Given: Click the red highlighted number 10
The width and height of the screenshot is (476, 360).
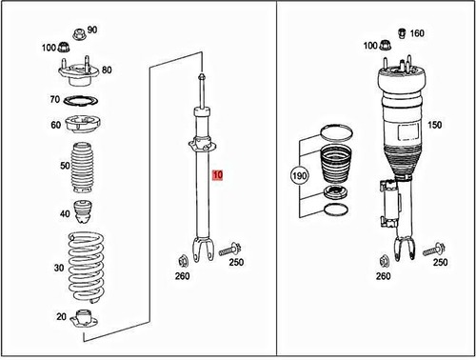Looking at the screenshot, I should point(218,175).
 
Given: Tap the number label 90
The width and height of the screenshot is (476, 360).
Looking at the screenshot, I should point(92,30).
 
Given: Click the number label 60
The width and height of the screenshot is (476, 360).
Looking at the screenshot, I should point(55,126).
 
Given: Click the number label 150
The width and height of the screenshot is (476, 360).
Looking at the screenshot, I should point(436,125).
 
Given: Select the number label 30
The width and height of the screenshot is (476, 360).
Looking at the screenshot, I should point(60,269).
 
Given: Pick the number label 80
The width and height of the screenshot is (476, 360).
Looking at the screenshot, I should point(107,70).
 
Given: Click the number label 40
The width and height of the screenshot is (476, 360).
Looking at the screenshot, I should point(64,213).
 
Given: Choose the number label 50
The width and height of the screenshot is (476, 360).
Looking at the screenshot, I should point(64,167).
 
